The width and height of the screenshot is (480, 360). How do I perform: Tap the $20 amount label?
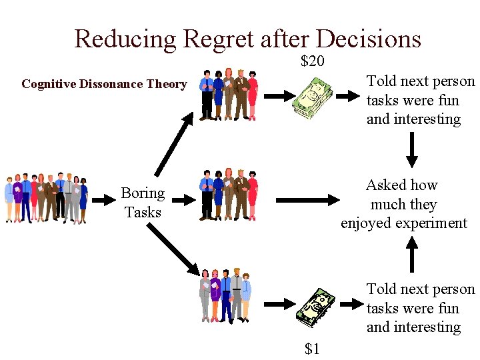click(312, 62)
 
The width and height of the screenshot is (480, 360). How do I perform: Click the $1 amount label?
click(312, 348)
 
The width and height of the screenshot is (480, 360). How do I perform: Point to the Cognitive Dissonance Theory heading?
click(104, 84)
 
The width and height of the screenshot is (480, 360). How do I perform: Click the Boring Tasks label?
click(143, 203)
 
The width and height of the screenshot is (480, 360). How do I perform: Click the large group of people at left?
click(46, 198)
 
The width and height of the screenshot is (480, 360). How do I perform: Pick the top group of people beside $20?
click(229, 95)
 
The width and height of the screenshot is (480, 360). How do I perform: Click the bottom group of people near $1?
click(225, 294)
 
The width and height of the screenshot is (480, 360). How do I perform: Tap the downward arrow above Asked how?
click(412, 149)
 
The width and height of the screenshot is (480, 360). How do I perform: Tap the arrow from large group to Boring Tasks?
click(103, 199)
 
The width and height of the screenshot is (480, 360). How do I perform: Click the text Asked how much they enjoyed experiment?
click(403, 204)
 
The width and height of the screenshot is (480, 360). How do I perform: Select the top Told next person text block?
click(420, 100)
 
